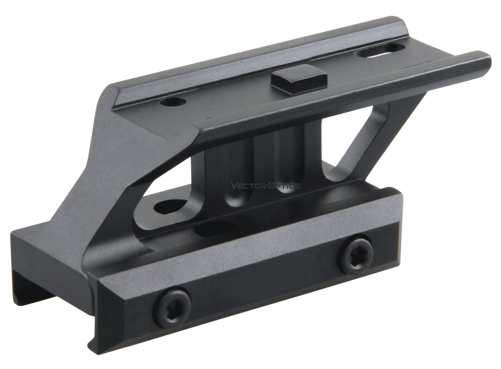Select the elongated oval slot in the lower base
(217, 227)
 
